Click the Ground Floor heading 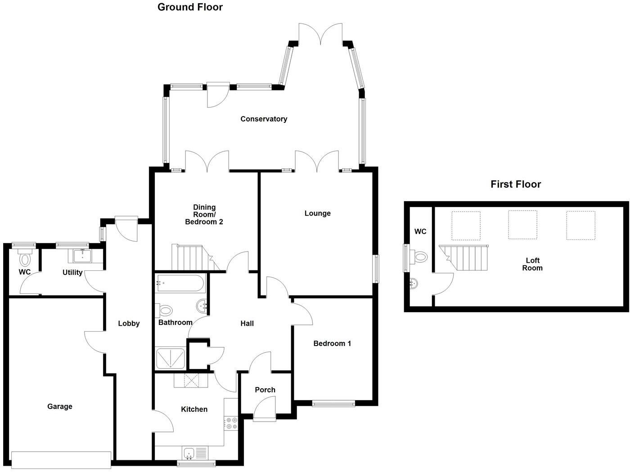pos(190,7)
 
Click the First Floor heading pos(515,184)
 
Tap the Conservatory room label pos(264,119)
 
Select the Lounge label pos(317,213)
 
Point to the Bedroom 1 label pos(332,343)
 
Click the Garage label pos(60,406)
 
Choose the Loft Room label pos(532,264)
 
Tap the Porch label pos(265,390)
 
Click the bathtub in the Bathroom pos(180,284)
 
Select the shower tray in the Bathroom pos(170,359)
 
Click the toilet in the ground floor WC pos(25,260)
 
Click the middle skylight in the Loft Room pos(522,225)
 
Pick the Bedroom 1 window pos(334,404)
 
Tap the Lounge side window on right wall pos(376,269)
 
